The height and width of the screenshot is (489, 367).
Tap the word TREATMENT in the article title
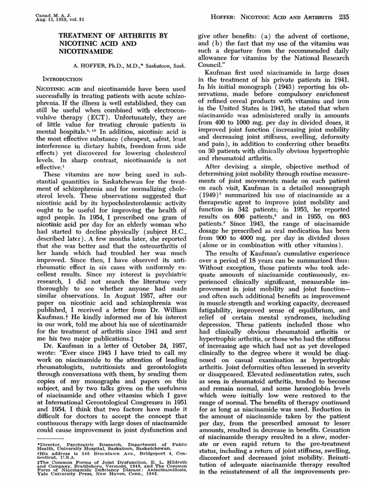[80, 35]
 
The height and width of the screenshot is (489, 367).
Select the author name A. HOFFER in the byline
[85, 67]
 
